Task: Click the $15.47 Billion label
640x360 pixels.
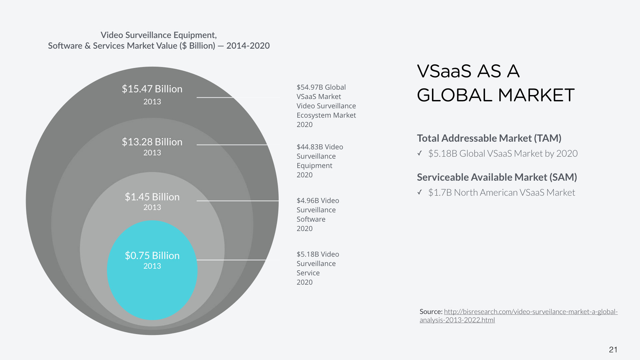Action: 152,89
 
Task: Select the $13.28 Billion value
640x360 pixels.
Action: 152,142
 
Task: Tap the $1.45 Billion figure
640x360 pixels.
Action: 152,197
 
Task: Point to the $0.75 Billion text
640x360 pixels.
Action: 152,256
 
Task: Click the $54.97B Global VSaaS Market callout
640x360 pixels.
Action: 326,106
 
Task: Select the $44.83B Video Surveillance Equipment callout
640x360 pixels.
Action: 319,161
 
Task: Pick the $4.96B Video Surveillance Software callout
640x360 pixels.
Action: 317,214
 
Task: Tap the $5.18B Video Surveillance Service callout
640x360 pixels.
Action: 317,268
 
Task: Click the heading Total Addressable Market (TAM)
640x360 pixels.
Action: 489,138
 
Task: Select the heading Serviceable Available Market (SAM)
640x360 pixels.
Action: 497,177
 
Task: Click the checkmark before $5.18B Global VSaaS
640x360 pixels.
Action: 420,153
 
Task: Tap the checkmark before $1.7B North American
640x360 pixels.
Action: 420,192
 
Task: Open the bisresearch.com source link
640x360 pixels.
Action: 531,312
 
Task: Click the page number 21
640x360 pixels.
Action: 613,350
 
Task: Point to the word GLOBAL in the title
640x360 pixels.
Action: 454,95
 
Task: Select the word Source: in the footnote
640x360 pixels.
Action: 431,312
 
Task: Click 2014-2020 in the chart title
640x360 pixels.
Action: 248,46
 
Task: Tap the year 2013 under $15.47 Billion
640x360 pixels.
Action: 152,102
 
